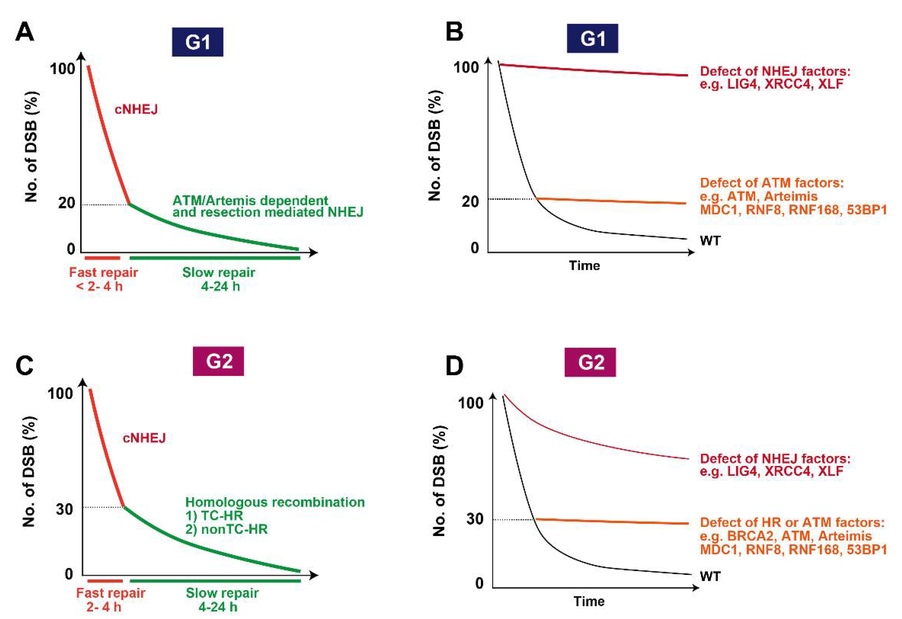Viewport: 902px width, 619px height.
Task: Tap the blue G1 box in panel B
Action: point(592,39)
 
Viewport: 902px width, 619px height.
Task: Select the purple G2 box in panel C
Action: point(218,361)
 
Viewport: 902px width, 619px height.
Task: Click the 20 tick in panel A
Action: point(66,202)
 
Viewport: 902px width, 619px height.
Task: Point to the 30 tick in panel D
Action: point(475,518)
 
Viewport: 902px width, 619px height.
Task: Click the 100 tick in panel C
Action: point(60,393)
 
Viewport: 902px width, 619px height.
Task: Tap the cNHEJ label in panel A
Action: point(136,110)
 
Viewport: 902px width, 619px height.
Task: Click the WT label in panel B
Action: point(710,241)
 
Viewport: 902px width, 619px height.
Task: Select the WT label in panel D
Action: point(710,576)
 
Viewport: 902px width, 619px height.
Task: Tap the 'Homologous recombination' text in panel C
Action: point(275,502)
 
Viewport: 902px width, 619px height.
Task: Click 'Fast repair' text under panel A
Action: point(103,272)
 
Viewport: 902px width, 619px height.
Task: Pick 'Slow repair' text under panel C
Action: point(222,593)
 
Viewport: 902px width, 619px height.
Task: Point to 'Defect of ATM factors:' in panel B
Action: point(772,182)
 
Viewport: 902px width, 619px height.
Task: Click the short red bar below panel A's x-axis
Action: point(102,258)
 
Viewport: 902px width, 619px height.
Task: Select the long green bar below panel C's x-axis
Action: point(215,581)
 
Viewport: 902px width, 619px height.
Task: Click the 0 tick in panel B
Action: point(475,248)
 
